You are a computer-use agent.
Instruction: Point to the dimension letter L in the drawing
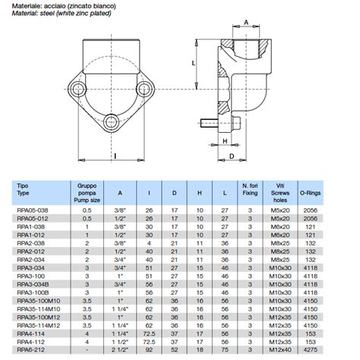(x=194, y=63)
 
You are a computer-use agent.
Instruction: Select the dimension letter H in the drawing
(x=226, y=141)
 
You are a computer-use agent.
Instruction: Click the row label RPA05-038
(x=31, y=209)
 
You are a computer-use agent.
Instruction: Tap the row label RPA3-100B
(x=31, y=292)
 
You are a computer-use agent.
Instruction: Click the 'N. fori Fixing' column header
(x=251, y=190)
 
